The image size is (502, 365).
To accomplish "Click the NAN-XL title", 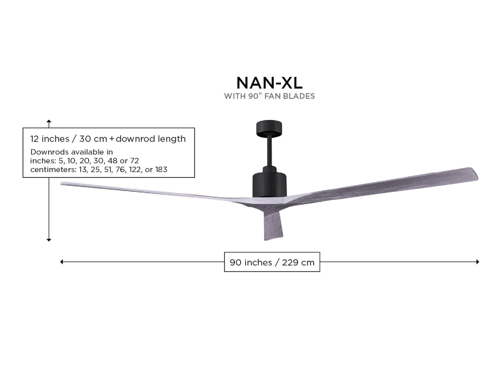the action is pyautogui.click(x=269, y=83).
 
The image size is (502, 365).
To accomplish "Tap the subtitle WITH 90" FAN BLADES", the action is pyautogui.click(x=269, y=96).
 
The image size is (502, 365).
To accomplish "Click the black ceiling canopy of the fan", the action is pyautogui.click(x=269, y=128).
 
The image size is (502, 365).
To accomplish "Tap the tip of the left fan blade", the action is pyautogui.click(x=61, y=184).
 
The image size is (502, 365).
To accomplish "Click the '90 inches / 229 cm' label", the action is pyautogui.click(x=272, y=262).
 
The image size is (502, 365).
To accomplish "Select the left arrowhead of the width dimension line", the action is pyautogui.click(x=61, y=262).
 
